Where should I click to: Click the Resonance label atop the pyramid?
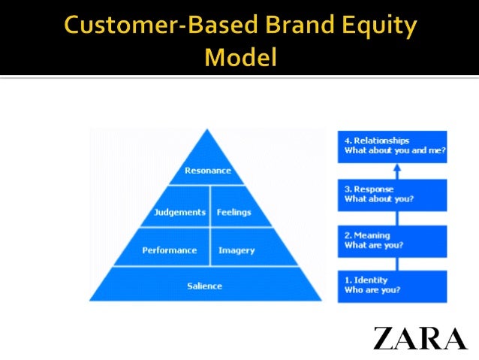pyautogui.click(x=209, y=171)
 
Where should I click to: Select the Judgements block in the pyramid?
pyautogui.click(x=179, y=212)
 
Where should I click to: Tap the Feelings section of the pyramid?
pyautogui.click(x=233, y=212)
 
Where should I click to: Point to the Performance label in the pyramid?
pyautogui.click(x=170, y=250)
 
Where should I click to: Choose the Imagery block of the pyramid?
pyautogui.click(x=236, y=250)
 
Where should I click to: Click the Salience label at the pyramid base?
pyautogui.click(x=205, y=286)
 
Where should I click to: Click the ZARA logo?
pyautogui.click(x=420, y=338)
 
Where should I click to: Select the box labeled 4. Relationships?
pyautogui.click(x=391, y=145)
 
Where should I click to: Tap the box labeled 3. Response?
pyautogui.click(x=391, y=194)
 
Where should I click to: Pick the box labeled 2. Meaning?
pyautogui.click(x=391, y=241)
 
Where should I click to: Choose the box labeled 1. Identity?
pyautogui.click(x=391, y=286)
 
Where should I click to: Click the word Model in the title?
pyautogui.click(x=240, y=56)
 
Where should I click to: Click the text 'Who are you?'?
pyautogui.click(x=372, y=290)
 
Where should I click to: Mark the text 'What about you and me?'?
pyautogui.click(x=395, y=150)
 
